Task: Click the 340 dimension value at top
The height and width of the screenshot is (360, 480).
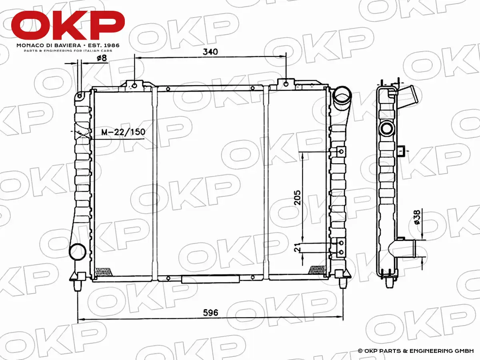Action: point(210,52)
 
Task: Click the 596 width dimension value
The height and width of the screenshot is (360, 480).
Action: point(210,313)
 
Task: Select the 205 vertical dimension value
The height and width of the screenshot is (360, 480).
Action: point(298,198)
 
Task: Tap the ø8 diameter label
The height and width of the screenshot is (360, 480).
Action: point(102,58)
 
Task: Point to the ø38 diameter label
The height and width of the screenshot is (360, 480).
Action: point(417,217)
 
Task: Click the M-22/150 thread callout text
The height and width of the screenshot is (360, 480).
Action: point(123,132)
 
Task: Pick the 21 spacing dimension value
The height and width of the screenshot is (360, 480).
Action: point(297,248)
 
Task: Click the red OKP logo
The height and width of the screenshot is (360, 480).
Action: point(68,25)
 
